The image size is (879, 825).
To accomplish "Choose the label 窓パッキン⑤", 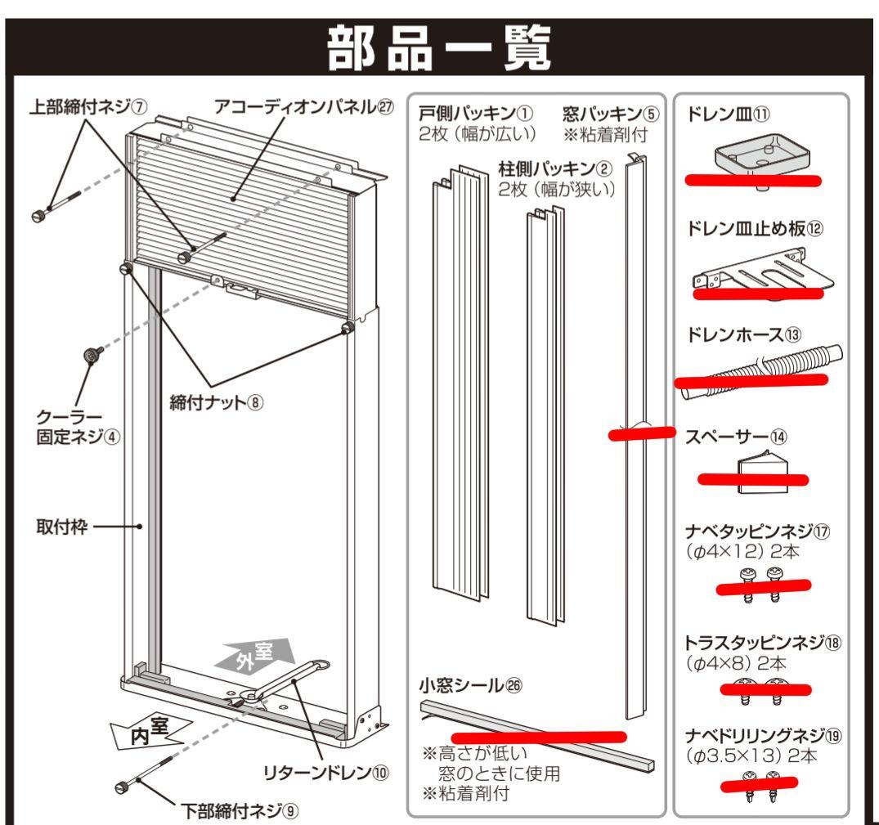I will click(610, 110).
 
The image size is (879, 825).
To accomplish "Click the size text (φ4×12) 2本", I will click(743, 553).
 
